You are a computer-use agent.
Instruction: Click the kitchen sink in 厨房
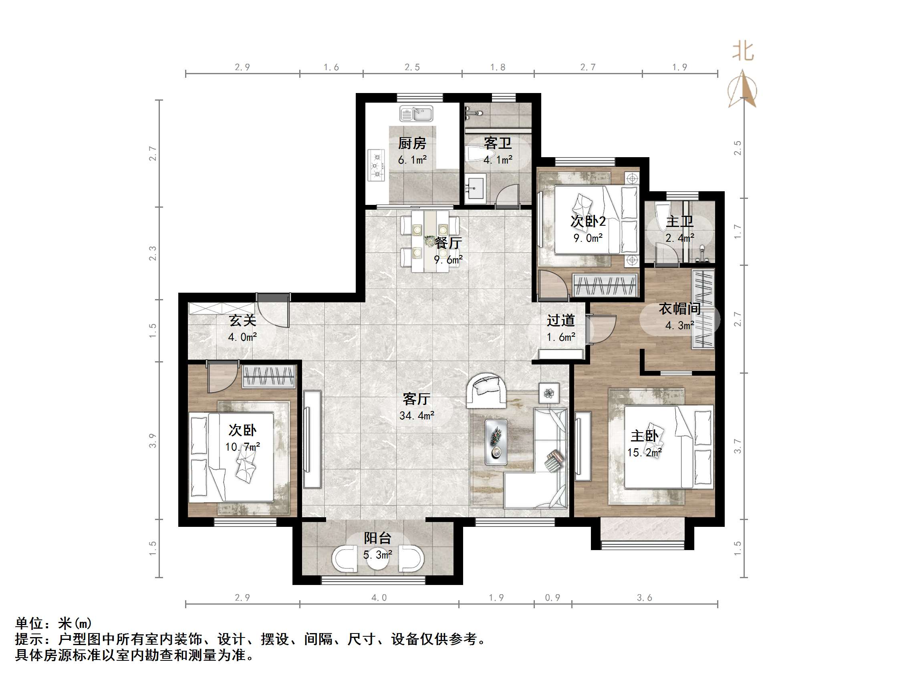[x=416, y=114]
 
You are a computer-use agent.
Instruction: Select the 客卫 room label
[x=498, y=144]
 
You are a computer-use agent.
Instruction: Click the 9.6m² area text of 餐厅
[x=448, y=260]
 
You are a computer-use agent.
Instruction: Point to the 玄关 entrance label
[x=242, y=320]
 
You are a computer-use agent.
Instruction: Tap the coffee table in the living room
[x=496, y=442]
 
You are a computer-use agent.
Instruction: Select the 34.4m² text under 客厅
[x=417, y=416]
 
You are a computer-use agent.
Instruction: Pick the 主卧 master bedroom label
[x=644, y=436]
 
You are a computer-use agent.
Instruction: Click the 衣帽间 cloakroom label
[x=679, y=309]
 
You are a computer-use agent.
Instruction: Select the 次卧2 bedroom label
[x=588, y=221]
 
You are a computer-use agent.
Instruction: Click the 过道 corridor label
[x=561, y=320]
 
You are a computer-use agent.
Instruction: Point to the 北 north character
[x=743, y=52]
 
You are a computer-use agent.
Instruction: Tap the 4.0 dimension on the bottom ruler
[x=379, y=597]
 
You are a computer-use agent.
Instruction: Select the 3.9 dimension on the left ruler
[x=153, y=441]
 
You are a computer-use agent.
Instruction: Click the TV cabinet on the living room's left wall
[x=312, y=439]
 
